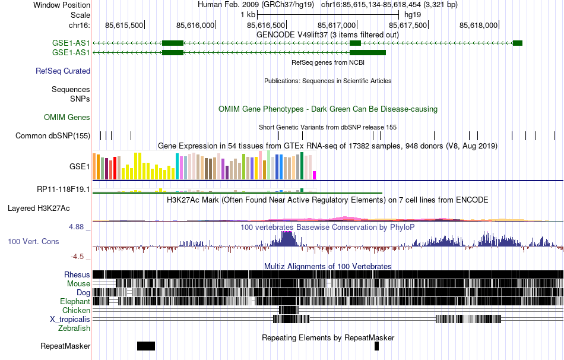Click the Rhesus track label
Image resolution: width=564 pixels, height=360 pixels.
[77, 275]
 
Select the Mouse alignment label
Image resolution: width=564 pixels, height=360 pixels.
[78, 284]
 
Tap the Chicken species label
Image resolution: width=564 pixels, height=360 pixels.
[76, 310]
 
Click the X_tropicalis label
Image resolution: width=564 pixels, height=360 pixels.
[69, 319]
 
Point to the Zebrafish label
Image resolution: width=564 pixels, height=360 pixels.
[74, 328]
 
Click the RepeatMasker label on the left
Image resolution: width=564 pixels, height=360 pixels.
[65, 346]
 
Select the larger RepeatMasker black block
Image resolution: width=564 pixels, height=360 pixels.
[145, 346]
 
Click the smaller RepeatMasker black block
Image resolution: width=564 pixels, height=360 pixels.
[376, 346]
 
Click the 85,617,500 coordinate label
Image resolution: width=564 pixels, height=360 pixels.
[408, 26]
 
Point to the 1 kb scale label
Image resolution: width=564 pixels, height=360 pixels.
[248, 14]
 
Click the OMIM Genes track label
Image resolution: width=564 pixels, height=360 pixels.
[67, 118]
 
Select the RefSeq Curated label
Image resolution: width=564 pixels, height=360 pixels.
[63, 71]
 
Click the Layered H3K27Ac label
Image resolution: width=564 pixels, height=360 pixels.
[39, 209]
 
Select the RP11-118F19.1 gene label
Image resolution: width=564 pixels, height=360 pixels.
[63, 190]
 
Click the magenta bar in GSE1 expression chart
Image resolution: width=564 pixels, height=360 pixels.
[315, 175]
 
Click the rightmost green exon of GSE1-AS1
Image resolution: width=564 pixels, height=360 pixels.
[517, 43]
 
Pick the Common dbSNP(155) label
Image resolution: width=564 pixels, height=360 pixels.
[53, 136]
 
